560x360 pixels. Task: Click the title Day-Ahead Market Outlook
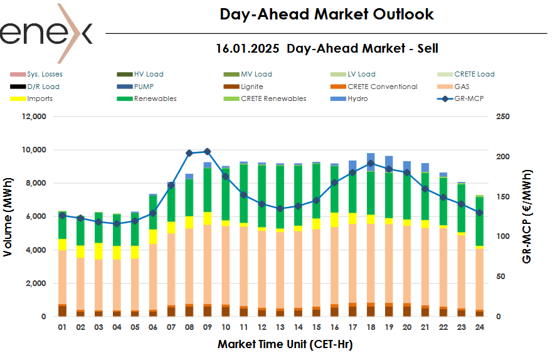326,14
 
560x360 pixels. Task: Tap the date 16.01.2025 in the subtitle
248,48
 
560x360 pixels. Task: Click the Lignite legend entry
251,87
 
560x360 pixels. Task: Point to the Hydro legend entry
358,98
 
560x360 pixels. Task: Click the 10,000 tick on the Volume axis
33,150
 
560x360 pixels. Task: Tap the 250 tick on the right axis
502,117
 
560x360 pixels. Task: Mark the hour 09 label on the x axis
208,328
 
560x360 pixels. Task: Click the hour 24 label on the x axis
479,328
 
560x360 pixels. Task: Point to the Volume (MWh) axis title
8,216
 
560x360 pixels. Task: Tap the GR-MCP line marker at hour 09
208,151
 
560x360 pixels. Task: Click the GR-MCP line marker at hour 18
371,163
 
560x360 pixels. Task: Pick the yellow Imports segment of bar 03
98,251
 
